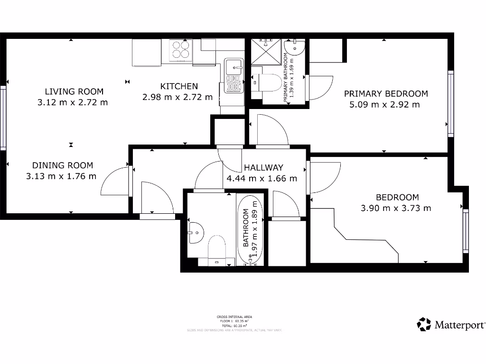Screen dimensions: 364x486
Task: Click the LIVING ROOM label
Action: coord(74,91)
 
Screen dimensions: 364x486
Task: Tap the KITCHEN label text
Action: coord(179,86)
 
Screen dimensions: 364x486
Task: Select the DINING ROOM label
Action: coord(63,165)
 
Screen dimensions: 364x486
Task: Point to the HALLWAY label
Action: coord(263,167)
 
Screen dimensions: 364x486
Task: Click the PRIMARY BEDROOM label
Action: coord(386,94)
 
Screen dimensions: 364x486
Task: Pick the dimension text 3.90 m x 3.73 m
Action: coord(397,208)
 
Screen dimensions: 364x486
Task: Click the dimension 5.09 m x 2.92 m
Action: coord(384,105)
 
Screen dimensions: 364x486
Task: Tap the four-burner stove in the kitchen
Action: coord(180,49)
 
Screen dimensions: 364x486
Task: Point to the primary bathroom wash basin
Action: coord(295,48)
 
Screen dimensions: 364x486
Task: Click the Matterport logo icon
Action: coord(424,325)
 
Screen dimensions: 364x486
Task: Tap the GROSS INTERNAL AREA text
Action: coord(234,316)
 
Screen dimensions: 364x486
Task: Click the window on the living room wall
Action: coord(3,118)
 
